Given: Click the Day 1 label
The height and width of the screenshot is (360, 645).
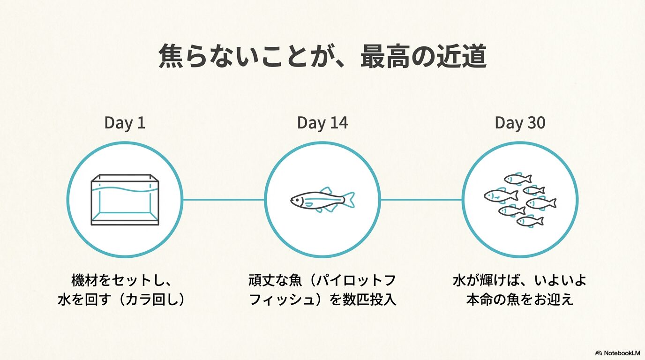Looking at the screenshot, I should coord(125,123).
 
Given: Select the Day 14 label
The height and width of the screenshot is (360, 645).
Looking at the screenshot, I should coord(322,123).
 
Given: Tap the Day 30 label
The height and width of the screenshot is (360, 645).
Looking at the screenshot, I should coord(520,123).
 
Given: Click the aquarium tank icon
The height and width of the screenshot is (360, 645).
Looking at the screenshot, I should coord(125,200).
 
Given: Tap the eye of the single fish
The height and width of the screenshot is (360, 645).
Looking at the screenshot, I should coord(295,199).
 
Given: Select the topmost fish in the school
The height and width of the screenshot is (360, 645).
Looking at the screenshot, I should coord(517,179).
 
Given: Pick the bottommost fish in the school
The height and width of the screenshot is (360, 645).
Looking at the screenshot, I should coord(530,221).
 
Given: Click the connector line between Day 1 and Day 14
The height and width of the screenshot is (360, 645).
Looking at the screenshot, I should coord(224,200).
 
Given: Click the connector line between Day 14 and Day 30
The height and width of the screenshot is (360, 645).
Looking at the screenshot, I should coord(421,200).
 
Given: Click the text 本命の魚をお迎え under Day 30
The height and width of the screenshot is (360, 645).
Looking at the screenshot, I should coord(520,299).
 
